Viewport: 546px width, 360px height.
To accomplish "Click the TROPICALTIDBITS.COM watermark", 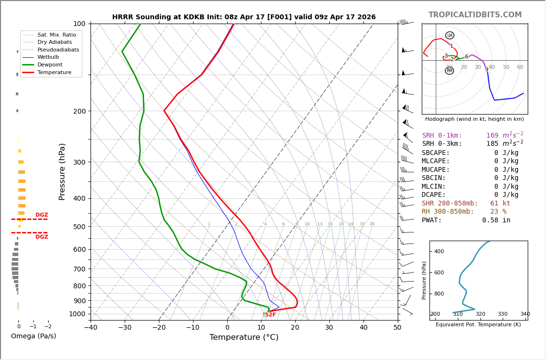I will (x=475, y=15).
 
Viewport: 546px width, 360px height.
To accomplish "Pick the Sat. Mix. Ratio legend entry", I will (x=56, y=35).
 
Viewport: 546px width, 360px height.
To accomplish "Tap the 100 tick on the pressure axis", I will (x=79, y=24).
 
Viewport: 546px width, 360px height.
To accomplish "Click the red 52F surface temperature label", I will (x=270, y=315).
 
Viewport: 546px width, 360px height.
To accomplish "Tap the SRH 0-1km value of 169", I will (x=492, y=136).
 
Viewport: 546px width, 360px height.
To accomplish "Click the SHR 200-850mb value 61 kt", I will (x=500, y=204).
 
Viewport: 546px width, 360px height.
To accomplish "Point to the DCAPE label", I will (x=436, y=195).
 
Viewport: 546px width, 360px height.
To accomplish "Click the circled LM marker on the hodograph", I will (x=450, y=36).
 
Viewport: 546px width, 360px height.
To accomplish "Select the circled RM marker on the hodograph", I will (x=449, y=71).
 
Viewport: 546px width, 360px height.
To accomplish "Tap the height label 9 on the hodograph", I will (x=486, y=70).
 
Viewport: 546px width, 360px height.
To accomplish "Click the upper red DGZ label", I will (x=41, y=215).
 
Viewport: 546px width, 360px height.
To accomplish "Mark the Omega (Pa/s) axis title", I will (x=33, y=336).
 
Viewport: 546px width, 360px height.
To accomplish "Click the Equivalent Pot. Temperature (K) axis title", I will (x=478, y=325).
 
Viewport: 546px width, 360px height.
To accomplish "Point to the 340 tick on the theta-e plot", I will (x=525, y=314).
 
